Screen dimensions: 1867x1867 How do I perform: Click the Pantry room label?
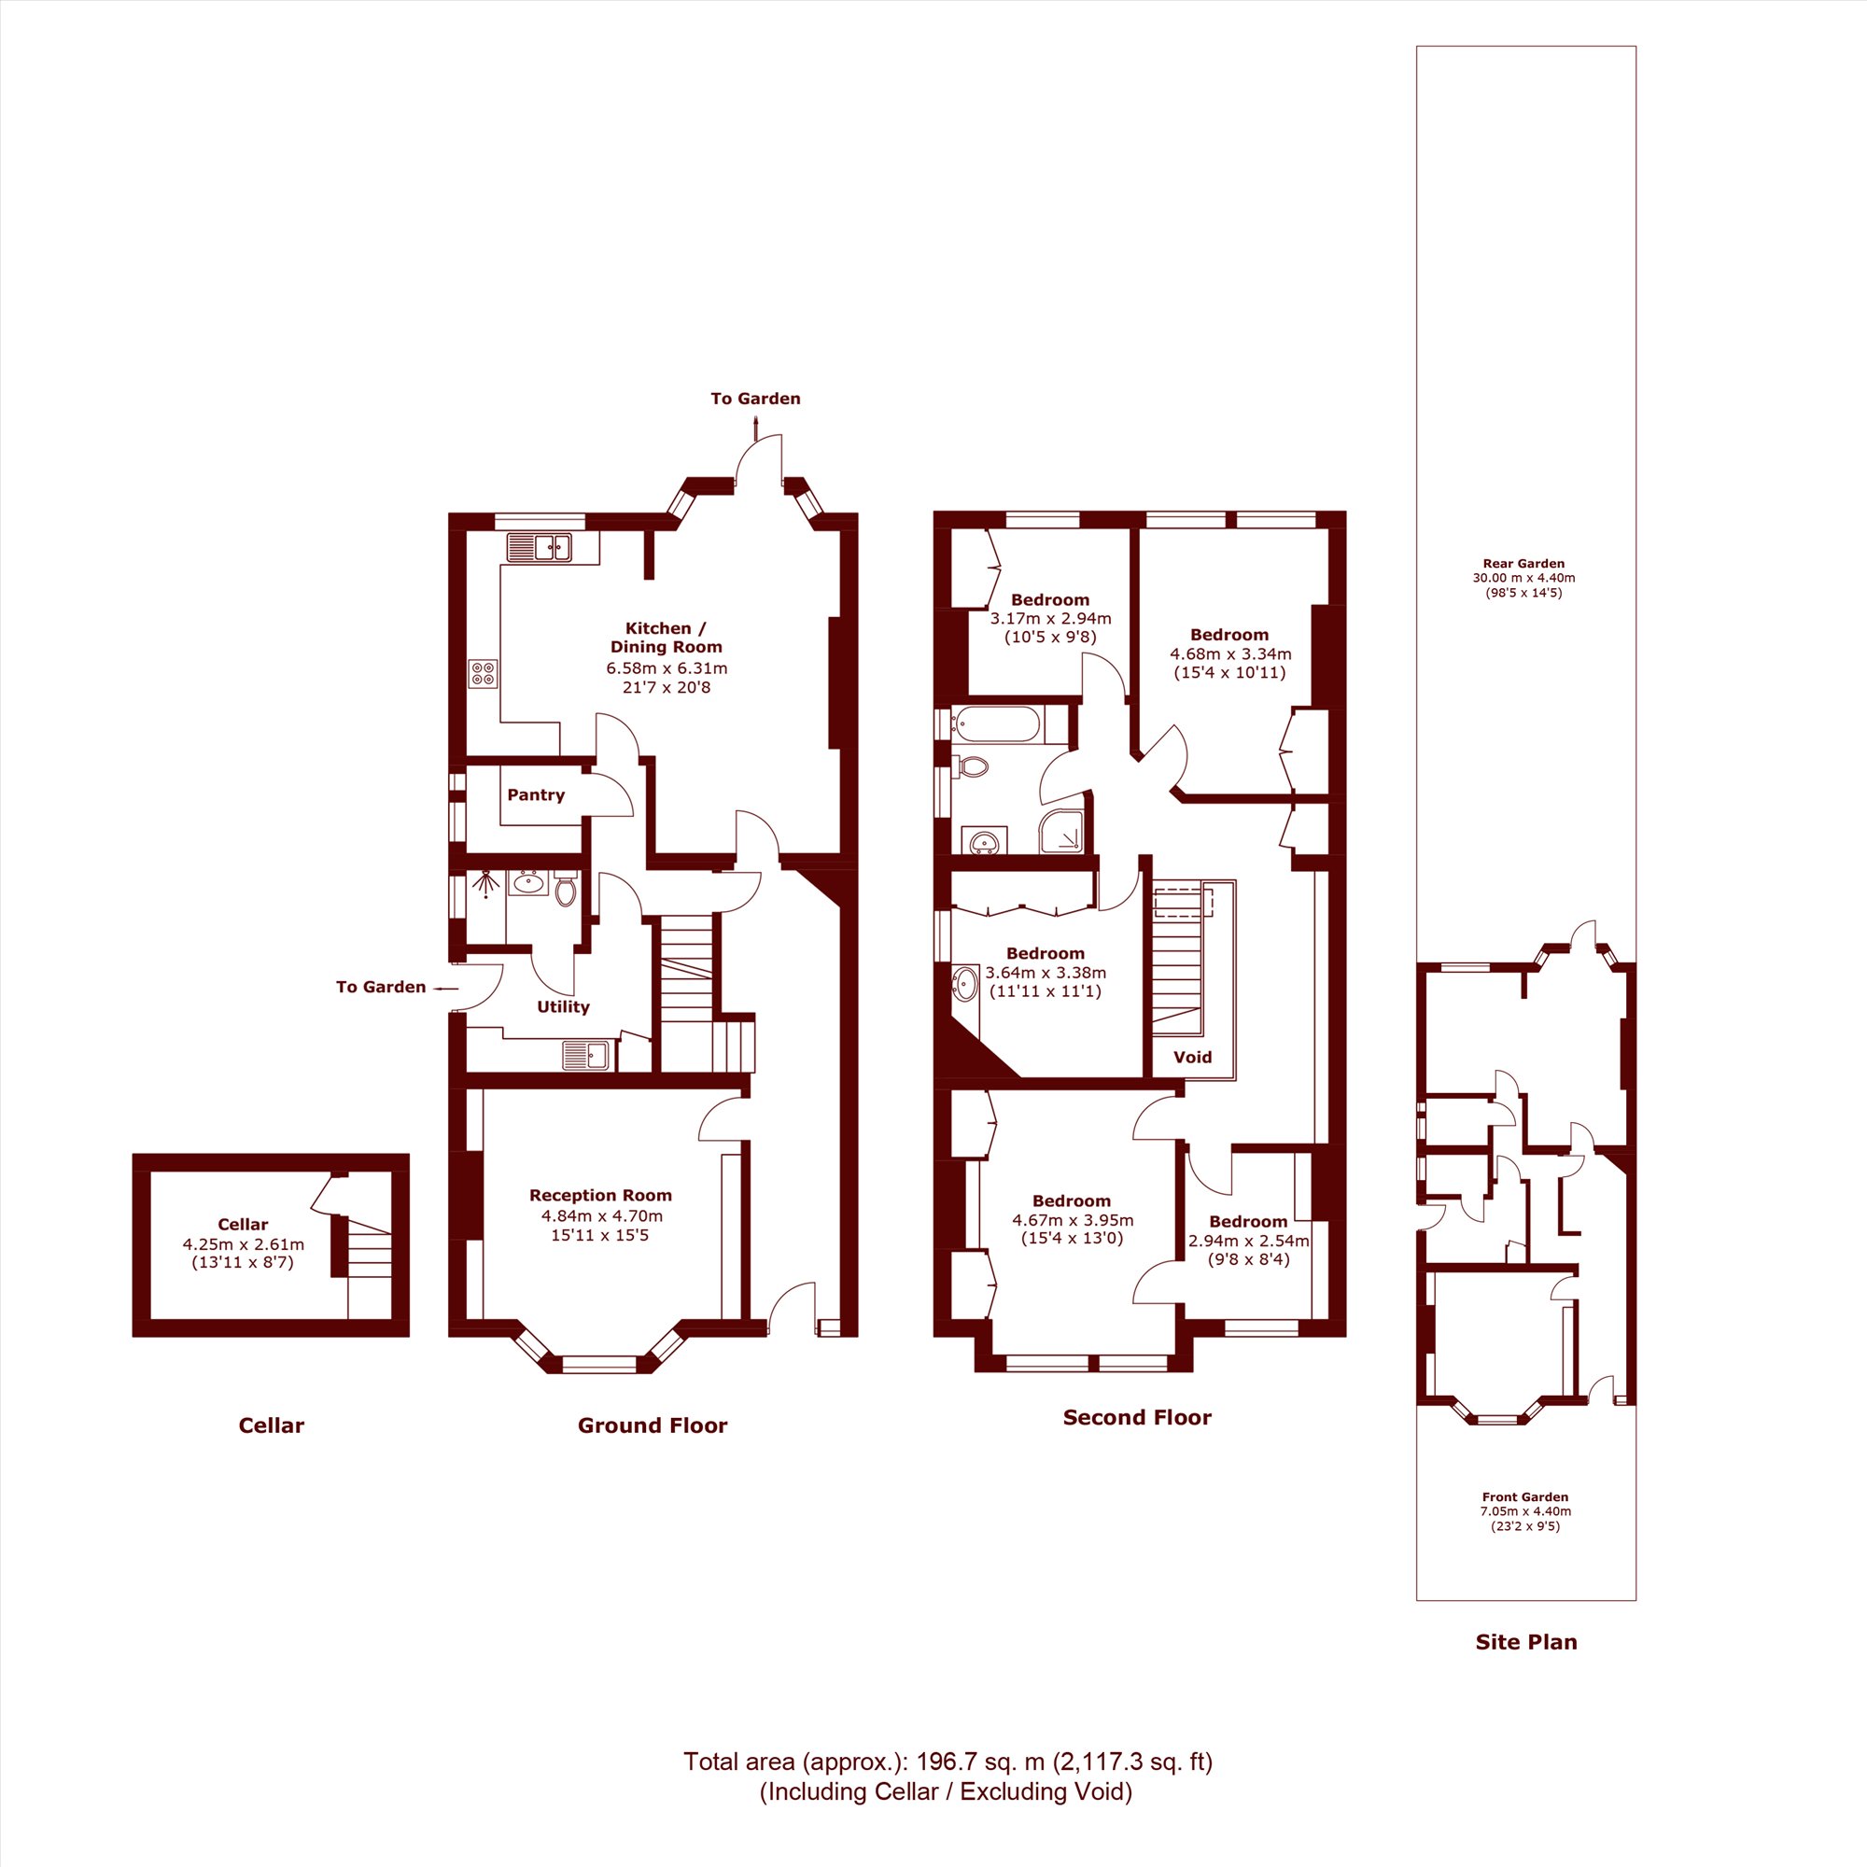[x=535, y=794]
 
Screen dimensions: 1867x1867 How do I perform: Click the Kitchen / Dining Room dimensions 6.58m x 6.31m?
[x=667, y=667]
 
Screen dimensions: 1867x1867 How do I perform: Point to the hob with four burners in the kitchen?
[x=484, y=674]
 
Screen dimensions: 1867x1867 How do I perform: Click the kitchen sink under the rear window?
[x=540, y=547]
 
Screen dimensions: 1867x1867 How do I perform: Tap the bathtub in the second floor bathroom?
[x=997, y=724]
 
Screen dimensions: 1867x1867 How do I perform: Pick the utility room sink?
[x=585, y=1054]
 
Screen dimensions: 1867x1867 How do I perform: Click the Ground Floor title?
[x=653, y=1425]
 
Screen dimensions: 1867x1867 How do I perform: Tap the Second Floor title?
[x=1136, y=1418]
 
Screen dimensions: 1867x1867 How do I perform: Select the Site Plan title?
[x=1526, y=1642]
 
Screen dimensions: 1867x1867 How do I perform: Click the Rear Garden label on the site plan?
[x=1524, y=564]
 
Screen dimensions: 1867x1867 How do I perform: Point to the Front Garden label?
[x=1525, y=1497]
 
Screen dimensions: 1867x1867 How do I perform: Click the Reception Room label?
[x=600, y=1196]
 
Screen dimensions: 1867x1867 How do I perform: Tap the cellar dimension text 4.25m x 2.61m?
[x=244, y=1243]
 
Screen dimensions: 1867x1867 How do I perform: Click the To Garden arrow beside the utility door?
[x=445, y=989]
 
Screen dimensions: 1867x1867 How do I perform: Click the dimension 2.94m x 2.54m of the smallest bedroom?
[x=1248, y=1241]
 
